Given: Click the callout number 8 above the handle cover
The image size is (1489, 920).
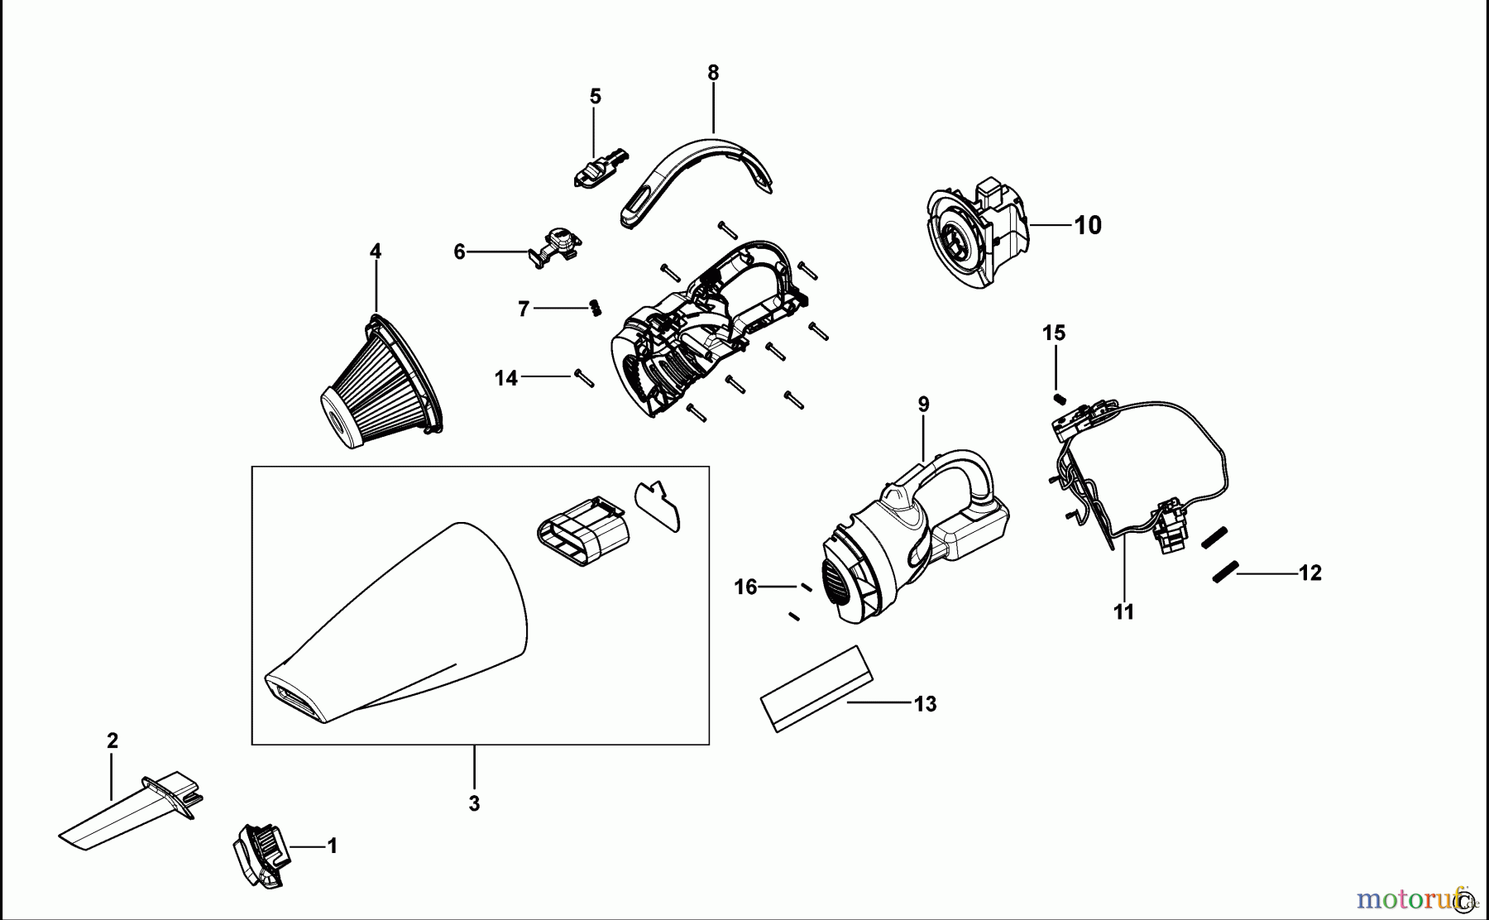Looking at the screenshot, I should point(713,73).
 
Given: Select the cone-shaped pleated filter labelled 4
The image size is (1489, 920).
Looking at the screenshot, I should point(381,385).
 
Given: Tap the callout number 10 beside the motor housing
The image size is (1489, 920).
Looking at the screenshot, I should point(1088,225).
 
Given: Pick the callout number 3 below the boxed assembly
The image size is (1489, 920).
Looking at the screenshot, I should point(474,803).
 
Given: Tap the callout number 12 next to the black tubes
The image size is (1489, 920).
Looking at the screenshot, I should point(1310,573).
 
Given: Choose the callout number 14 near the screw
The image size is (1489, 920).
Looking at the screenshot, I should point(505,378).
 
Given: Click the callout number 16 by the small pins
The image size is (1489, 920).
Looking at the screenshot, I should point(745,587).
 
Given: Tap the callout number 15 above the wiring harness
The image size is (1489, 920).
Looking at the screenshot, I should point(1054,333).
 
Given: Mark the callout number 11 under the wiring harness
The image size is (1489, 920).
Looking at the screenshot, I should point(1123,612).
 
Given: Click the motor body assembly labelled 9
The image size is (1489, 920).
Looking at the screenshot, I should point(910,538).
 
